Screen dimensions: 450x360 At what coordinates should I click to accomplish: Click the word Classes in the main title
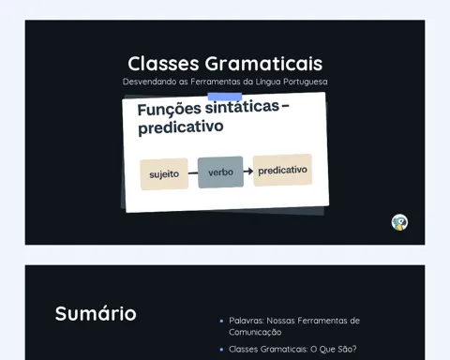(x=163, y=64)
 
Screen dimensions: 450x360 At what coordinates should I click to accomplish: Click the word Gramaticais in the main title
(x=263, y=64)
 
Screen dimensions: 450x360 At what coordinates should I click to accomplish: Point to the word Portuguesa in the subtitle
(x=306, y=82)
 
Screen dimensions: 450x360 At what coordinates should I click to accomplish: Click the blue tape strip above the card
(x=225, y=97)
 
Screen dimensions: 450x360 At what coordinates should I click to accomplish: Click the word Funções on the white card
(x=170, y=110)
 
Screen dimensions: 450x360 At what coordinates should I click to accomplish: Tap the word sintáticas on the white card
(x=242, y=107)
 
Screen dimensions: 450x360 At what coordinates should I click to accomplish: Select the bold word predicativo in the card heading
(x=181, y=127)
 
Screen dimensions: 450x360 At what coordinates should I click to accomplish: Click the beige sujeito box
(x=164, y=174)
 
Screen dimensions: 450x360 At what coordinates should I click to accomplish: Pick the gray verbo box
(x=220, y=172)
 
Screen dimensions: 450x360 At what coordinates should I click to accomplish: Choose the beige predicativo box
(x=282, y=170)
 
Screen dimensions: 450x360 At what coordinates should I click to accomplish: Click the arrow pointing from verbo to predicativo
(x=248, y=171)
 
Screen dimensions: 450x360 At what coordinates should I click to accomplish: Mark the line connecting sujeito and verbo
(x=193, y=172)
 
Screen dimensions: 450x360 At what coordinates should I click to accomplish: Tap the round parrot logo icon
(x=399, y=222)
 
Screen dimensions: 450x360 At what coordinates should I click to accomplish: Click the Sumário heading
(x=96, y=313)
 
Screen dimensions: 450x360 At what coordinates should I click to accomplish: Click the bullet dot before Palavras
(x=221, y=321)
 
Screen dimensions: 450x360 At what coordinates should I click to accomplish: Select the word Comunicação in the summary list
(x=255, y=332)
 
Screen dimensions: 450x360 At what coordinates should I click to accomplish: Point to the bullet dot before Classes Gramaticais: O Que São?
(x=221, y=350)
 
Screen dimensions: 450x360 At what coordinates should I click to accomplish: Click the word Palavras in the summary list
(x=247, y=321)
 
